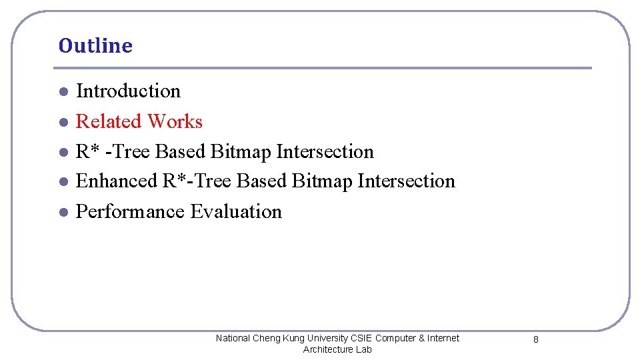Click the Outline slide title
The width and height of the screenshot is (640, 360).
[95, 46]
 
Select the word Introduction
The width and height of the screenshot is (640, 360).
[128, 91]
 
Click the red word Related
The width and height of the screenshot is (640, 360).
[109, 121]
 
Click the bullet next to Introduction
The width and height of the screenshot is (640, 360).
[62, 91]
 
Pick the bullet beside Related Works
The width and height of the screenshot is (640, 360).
[62, 122]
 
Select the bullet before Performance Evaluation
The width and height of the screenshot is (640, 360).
[62, 212]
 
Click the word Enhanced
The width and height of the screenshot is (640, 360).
[117, 181]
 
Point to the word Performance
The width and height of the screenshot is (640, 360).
[131, 211]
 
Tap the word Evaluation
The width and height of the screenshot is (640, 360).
[236, 211]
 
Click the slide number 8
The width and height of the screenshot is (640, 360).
[536, 340]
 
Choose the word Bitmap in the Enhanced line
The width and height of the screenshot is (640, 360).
[323, 181]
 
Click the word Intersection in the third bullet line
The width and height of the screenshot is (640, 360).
[325, 151]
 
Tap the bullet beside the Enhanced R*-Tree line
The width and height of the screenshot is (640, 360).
[62, 181]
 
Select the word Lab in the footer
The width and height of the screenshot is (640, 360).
[364, 349]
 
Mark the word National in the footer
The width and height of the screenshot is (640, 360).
[233, 338]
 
